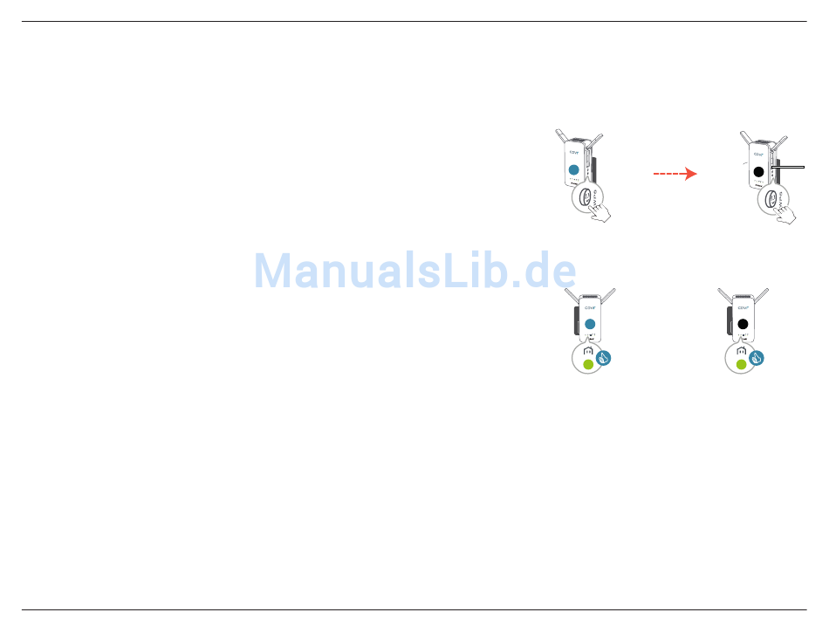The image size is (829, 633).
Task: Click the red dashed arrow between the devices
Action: point(675,174)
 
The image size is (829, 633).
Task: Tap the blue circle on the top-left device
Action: point(573,170)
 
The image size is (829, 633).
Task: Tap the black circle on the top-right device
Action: point(758,172)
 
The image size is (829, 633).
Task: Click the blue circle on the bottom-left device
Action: point(589,324)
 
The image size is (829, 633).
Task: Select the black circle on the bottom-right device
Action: point(743,324)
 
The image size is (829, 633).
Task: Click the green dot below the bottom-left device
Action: point(587,364)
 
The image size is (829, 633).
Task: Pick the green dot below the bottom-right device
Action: point(741,364)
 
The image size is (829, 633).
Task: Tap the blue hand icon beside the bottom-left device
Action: point(603,357)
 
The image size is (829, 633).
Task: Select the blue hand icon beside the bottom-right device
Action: point(757,357)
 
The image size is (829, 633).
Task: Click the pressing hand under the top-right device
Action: point(788,215)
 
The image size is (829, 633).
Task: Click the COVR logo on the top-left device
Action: point(573,152)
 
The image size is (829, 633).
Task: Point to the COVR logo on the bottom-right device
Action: point(743,308)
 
